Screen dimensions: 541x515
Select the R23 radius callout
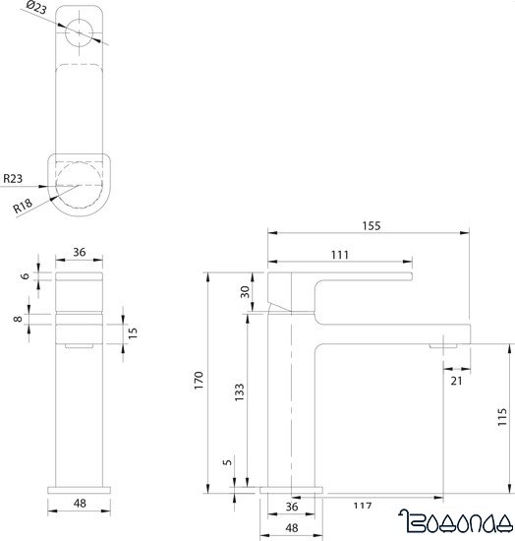pos(15,179)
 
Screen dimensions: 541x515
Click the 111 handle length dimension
pos(341,255)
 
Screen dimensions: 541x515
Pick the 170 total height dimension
pos(199,379)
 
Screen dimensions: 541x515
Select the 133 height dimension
pos(240,393)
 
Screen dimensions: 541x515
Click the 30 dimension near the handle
pos(246,291)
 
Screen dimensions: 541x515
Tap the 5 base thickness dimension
pos(227,462)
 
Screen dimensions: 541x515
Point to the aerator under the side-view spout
pos(444,343)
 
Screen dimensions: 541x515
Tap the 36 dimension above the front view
pos(80,252)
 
